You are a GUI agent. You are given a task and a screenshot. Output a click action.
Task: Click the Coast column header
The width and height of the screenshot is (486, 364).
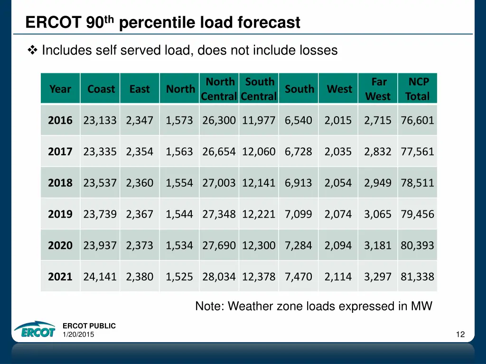tap(101, 89)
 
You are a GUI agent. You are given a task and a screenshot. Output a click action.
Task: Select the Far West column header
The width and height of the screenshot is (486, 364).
tap(378, 89)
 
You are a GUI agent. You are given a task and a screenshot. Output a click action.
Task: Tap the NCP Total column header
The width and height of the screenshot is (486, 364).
tap(418, 89)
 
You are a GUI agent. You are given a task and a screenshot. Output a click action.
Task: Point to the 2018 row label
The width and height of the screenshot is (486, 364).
tap(60, 183)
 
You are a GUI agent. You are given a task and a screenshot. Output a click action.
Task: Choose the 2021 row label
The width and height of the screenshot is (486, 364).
tap(60, 277)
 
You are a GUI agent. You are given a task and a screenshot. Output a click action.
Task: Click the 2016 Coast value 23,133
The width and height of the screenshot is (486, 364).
tap(100, 120)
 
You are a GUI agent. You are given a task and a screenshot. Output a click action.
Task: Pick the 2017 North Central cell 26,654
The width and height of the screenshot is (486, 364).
tap(219, 152)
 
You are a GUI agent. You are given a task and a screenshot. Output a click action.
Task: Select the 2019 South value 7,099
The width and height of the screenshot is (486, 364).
tap(299, 214)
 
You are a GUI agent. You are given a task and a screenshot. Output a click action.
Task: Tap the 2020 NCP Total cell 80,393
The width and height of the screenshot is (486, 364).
tap(417, 246)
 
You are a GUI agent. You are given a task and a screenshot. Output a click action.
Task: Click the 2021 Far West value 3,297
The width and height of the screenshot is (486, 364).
tap(378, 277)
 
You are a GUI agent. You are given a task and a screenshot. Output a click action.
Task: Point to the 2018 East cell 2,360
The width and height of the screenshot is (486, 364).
tap(140, 183)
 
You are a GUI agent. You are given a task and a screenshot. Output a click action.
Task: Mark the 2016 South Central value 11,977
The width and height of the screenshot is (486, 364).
tap(259, 120)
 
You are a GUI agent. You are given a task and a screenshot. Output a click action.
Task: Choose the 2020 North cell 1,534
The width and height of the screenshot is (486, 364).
tap(179, 246)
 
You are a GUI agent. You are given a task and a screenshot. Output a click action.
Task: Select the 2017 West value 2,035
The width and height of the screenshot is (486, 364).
tap(338, 152)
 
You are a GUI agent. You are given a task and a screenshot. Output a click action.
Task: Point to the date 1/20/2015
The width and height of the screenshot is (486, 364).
tap(78, 335)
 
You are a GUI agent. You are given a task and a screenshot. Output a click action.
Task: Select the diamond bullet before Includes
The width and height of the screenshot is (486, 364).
tap(33, 50)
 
